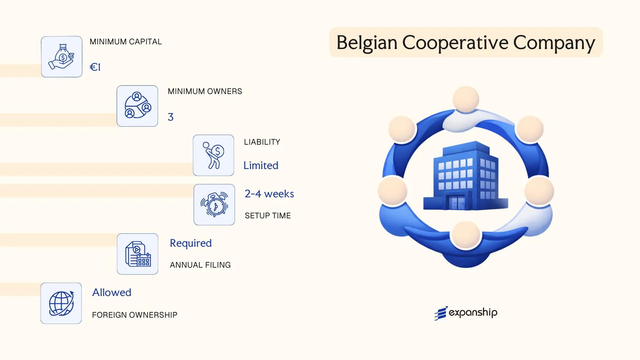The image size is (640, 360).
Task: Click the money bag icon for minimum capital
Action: coord(62,57)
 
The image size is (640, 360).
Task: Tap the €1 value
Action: coord(95,67)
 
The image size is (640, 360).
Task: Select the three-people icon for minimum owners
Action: coord(137,106)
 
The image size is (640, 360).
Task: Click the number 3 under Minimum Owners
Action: coord(171,117)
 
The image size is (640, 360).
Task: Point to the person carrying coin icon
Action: coord(213,155)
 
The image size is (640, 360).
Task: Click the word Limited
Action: coord(261,165)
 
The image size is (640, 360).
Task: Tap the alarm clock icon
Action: coord(214,205)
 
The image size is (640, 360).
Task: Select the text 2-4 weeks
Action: coord(269,194)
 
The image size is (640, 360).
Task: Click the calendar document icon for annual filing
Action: coord(138,254)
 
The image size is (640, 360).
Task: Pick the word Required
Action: coord(191,243)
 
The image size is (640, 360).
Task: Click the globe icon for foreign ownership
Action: coord(61,303)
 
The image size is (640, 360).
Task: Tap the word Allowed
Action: coord(112,292)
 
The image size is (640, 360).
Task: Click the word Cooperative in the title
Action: coord(455,43)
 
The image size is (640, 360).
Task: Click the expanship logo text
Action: coord(473,313)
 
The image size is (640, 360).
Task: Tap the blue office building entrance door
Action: coord(457,202)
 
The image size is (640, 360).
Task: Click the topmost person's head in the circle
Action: coord(466,99)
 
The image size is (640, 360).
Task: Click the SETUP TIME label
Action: coord(268,216)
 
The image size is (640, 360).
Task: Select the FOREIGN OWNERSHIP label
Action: coord(135,315)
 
